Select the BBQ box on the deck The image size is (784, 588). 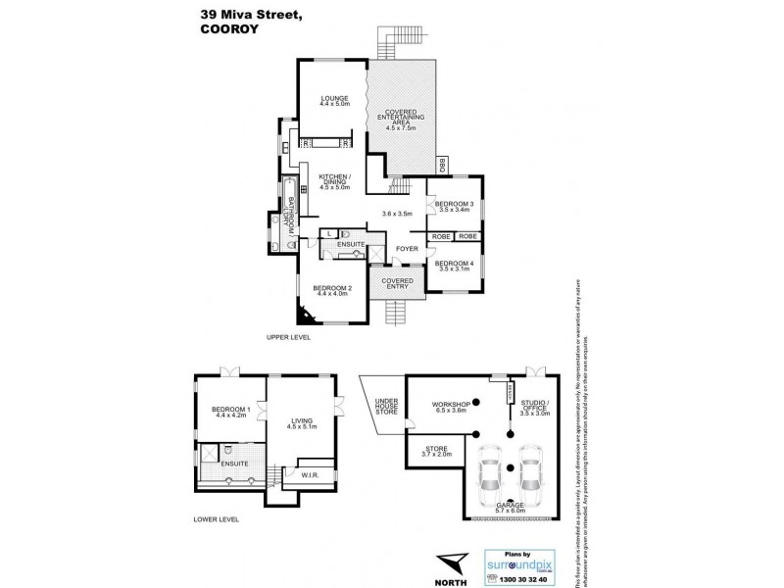442,166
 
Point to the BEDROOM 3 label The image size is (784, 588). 455,206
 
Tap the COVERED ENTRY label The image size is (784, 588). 394,283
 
